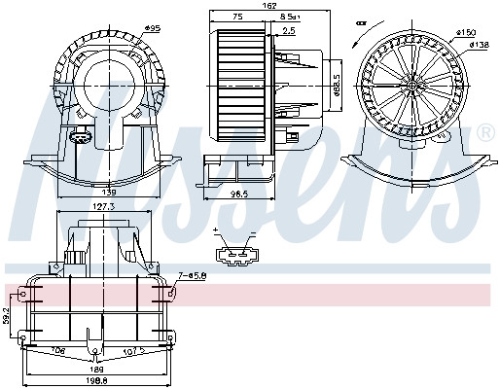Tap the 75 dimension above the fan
[238, 18]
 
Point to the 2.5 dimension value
[289, 30]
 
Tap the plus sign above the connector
[215, 231]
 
